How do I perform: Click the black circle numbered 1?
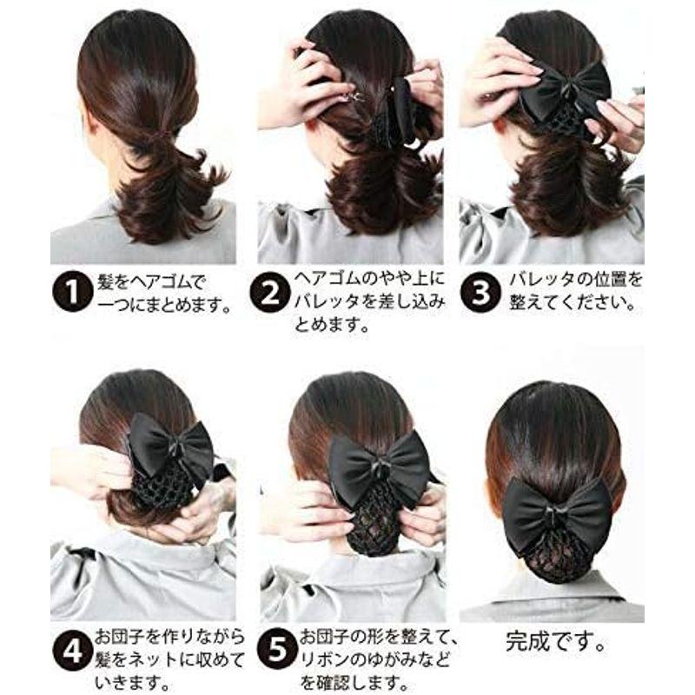(x=72, y=292)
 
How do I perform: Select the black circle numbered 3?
(x=480, y=292)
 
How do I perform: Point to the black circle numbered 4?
(x=72, y=650)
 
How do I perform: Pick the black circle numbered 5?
(x=277, y=650)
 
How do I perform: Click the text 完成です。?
(x=555, y=641)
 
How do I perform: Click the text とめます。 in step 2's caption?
(x=332, y=325)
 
